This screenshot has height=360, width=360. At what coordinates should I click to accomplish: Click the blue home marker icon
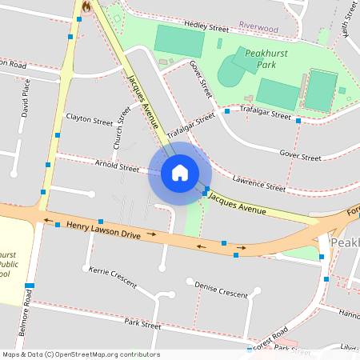(x=179, y=172)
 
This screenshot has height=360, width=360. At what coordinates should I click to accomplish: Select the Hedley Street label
(x=206, y=26)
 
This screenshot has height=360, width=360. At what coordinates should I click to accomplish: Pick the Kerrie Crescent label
(x=113, y=278)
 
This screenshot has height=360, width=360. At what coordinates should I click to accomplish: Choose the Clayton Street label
(x=90, y=122)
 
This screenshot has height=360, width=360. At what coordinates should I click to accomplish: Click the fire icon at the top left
(x=86, y=6)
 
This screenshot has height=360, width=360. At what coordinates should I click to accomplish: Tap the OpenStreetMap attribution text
(x=80, y=354)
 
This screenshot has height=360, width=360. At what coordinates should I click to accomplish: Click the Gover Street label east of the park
(x=300, y=154)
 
